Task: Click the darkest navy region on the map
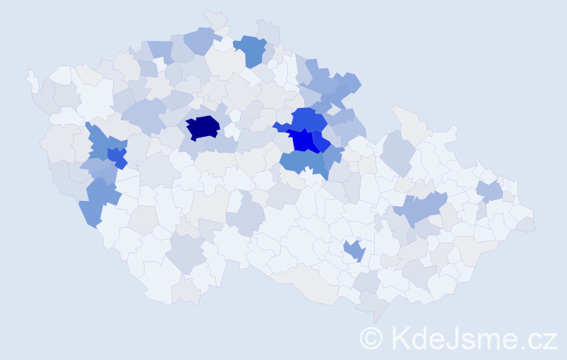pos(203,127)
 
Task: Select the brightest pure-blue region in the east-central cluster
pos(305,140)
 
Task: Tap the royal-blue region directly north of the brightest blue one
pos(308,118)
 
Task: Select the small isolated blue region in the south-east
pos(354,251)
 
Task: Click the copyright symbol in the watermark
pos(371,338)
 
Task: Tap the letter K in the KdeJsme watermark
pos(399,338)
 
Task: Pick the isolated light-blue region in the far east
pos(490,191)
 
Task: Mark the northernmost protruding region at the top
pos(214,17)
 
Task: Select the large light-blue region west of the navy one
pos(145,114)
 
